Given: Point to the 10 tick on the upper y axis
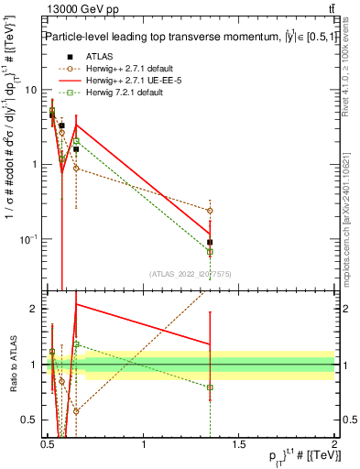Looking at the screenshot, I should (31, 90).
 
